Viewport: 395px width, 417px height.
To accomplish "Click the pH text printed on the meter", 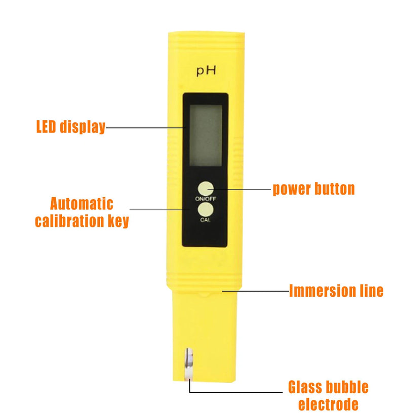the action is (206, 71).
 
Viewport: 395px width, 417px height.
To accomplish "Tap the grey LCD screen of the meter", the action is (206, 135).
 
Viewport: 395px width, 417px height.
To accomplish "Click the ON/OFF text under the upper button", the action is (206, 199).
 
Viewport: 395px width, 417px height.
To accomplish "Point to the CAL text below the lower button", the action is (205, 220).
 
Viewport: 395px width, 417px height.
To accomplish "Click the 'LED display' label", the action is (71, 127).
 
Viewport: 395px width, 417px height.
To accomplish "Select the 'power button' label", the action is (313, 189).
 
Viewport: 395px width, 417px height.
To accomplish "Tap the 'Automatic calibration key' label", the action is (82, 212).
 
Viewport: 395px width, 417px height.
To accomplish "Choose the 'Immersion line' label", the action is (336, 291).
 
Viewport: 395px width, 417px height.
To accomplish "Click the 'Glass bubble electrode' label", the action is (328, 395).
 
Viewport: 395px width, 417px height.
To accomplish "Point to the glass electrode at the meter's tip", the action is (189, 364).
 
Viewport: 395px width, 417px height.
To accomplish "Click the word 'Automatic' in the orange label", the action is (82, 204).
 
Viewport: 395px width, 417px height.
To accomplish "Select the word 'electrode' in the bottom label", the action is (328, 404).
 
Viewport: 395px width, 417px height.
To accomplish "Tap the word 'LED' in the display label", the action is (46, 126).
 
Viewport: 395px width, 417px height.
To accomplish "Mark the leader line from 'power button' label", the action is (239, 190).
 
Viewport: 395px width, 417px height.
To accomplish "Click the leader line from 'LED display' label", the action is (146, 128).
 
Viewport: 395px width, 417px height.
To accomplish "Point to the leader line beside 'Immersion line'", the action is (256, 291).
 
